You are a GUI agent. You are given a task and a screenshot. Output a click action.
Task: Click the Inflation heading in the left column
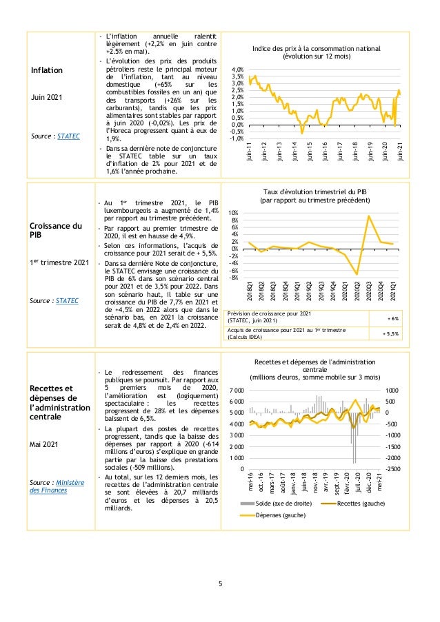click(46, 70)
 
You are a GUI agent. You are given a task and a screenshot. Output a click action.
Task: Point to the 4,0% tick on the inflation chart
click(237, 70)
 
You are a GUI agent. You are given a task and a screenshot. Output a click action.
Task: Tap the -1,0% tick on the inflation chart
click(236, 138)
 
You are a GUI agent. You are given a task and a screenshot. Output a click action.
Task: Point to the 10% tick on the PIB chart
click(234, 213)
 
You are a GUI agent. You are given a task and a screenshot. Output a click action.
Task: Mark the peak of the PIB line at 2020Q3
click(369, 216)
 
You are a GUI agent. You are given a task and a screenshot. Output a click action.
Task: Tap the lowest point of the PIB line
click(357, 274)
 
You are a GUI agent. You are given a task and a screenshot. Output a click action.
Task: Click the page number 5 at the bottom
click(220, 586)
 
